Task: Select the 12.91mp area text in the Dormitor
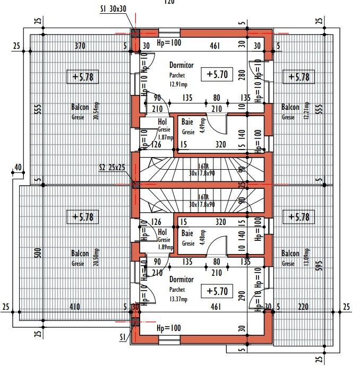point(178,83)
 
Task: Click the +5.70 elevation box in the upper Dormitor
point(217,74)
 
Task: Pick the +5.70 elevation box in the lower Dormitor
point(217,291)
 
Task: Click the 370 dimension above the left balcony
point(80,47)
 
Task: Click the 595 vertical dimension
point(319,265)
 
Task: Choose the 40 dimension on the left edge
point(19,168)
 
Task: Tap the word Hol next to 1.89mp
point(162,232)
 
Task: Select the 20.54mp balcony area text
point(96,111)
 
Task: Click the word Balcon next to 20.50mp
point(80,254)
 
